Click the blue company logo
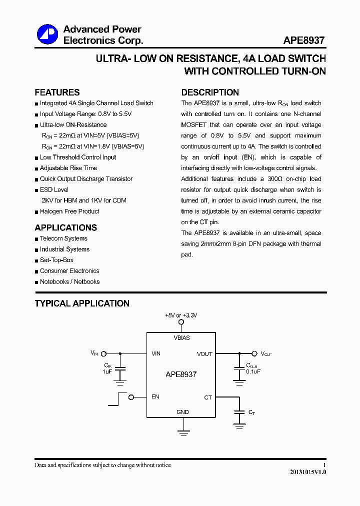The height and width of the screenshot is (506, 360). coord(47,34)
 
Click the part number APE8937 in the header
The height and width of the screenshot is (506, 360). coord(304,40)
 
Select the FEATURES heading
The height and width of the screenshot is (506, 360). coord(57,92)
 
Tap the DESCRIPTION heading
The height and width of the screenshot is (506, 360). coord(210,92)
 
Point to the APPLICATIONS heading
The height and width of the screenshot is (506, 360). coord(65,227)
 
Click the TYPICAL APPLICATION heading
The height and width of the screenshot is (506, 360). coord(82,303)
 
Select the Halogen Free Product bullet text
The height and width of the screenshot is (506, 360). coord(69,211)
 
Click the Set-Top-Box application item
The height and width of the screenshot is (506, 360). coord(56,260)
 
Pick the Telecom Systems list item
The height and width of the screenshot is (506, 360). coord(63,238)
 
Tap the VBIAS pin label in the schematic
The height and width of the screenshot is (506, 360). coord(181,338)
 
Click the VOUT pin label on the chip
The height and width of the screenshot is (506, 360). coord(204,354)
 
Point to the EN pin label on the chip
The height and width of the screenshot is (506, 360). coord(155,397)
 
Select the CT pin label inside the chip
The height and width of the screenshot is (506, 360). coord(208,397)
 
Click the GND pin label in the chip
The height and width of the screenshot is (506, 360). coord(182,412)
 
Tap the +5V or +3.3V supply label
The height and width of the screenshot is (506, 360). coord(181,315)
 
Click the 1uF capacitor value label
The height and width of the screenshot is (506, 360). coord(107,372)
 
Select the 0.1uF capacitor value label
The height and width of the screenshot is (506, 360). coord(253,371)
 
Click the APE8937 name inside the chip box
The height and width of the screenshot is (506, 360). coord(181,374)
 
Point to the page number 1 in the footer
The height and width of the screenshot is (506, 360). coord(324,465)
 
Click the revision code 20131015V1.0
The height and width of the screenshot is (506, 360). coord(307,472)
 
